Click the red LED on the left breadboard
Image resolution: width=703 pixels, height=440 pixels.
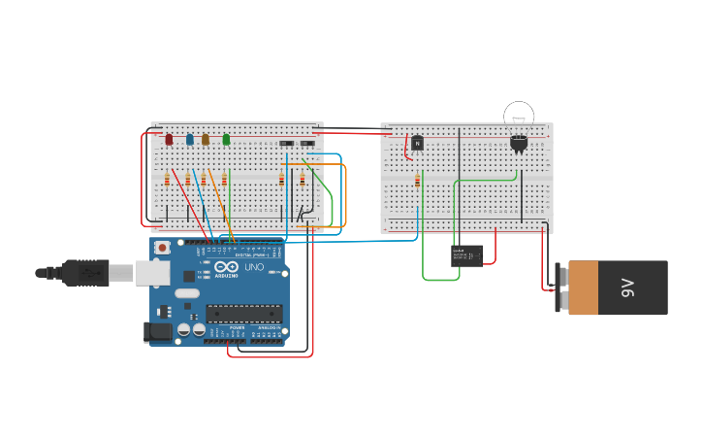click(x=169, y=139)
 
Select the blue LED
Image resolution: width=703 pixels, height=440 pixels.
click(x=190, y=139)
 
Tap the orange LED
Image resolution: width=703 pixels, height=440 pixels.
click(x=206, y=139)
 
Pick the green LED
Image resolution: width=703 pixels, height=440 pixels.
click(x=226, y=139)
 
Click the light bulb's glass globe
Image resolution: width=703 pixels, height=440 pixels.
click(x=519, y=117)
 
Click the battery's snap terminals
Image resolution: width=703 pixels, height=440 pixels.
click(x=560, y=288)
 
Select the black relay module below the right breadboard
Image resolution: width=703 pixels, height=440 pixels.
click(x=466, y=255)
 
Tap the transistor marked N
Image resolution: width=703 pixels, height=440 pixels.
click(x=417, y=143)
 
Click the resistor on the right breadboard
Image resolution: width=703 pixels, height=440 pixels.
click(x=418, y=180)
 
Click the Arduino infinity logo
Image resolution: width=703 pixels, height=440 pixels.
click(x=226, y=268)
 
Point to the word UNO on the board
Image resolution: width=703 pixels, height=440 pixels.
click(x=253, y=267)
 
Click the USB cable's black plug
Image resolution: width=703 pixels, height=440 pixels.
click(x=85, y=273)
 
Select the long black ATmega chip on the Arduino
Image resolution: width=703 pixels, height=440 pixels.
click(x=243, y=313)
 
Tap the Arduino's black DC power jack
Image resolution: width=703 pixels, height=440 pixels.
click(x=158, y=331)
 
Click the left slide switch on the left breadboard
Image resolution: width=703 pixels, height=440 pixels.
click(x=286, y=144)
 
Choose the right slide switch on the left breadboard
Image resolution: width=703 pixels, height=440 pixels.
click(x=307, y=144)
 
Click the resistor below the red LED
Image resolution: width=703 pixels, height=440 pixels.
click(x=167, y=180)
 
